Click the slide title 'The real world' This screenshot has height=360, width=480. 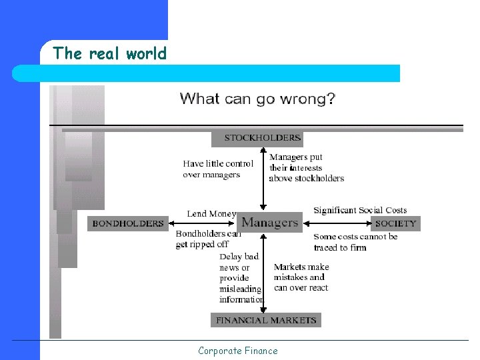tap(109, 53)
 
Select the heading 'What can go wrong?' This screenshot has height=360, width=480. tap(257, 99)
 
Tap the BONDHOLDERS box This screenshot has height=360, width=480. tap(127, 223)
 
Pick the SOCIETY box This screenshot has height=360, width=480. tap(395, 223)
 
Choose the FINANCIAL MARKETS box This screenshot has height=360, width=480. tap(266, 320)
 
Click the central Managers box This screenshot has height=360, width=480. tap(269, 222)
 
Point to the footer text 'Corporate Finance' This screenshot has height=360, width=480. tap(237, 351)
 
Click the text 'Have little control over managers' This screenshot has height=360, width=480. tap(218, 169)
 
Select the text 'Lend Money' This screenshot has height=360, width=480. tap(211, 213)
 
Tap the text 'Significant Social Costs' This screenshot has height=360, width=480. tap(360, 210)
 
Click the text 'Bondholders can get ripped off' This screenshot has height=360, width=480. tap(208, 239)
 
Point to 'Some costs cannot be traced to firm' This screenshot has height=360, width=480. tap(355, 242)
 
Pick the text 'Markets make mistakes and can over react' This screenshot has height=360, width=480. tap(301, 277)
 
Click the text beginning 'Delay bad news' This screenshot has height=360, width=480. tap(241, 277)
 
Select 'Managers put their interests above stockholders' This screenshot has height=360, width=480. tap(306, 168)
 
